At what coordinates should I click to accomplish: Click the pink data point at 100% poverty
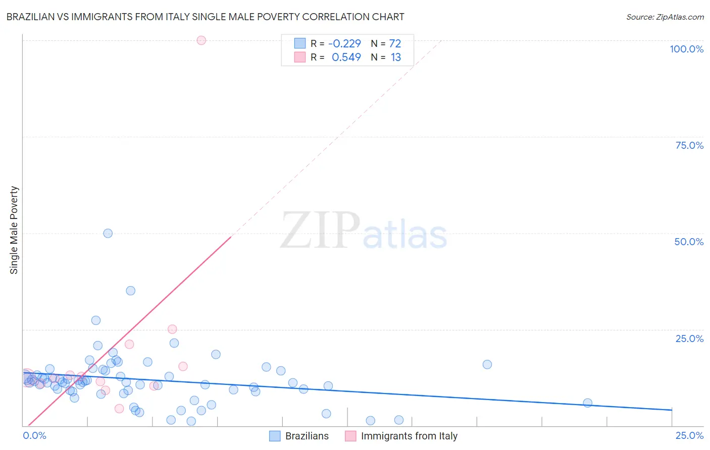tap(201, 40)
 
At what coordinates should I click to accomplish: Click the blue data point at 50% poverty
tap(108, 233)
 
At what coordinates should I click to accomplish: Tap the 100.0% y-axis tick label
tap(686, 49)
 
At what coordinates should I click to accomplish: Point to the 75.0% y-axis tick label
tap(689, 145)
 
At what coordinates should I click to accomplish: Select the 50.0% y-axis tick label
tap(689, 242)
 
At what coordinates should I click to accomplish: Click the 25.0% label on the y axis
tap(689, 339)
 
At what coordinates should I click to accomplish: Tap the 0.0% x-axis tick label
tap(35, 435)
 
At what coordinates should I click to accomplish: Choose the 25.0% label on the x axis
tap(689, 435)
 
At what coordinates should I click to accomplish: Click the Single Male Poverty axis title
tap(14, 230)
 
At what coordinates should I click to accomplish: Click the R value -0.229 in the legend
tap(344, 44)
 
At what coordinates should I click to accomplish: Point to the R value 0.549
tap(346, 58)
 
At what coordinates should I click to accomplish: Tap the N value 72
tap(395, 44)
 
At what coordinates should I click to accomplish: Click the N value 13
tap(395, 58)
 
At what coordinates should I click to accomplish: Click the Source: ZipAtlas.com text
tap(665, 17)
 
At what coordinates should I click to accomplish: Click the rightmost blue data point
tap(587, 403)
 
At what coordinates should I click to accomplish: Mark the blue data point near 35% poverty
tap(130, 291)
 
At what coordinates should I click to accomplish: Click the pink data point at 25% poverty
tap(172, 329)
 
